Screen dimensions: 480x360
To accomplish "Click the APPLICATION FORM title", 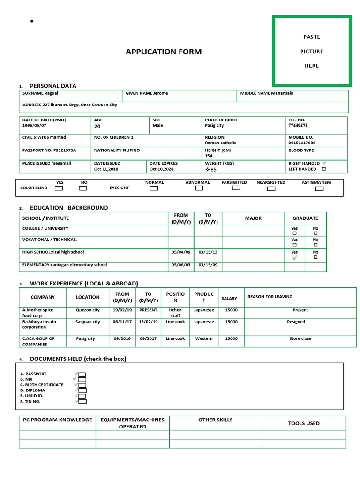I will [x=164, y=52].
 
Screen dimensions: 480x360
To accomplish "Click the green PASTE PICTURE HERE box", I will [x=312, y=51].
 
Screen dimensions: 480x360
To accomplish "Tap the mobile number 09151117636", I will [x=302, y=142].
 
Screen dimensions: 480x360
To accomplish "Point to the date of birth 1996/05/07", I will [x=34, y=126].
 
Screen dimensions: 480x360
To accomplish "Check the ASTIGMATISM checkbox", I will [x=319, y=189].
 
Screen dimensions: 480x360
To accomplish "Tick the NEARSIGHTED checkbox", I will [x=271, y=189].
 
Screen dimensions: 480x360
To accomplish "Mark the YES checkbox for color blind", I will [x=59, y=188].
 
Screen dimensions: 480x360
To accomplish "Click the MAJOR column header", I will [x=253, y=218].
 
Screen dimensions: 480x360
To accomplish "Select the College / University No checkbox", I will [x=315, y=233].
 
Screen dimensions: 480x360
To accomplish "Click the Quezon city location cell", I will [x=88, y=310].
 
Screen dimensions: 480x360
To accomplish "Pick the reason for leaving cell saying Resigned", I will [x=296, y=322].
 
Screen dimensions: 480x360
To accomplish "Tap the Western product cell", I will [x=203, y=338].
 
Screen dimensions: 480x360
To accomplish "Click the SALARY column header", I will [x=229, y=298].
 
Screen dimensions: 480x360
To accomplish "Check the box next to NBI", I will [x=82, y=379].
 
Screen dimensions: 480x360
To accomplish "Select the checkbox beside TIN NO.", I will [x=82, y=401].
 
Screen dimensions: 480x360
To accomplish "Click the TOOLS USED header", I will [x=303, y=423].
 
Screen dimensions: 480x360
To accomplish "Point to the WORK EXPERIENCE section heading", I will [x=84, y=284].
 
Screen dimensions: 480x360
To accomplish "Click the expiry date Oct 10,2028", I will [x=161, y=169].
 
